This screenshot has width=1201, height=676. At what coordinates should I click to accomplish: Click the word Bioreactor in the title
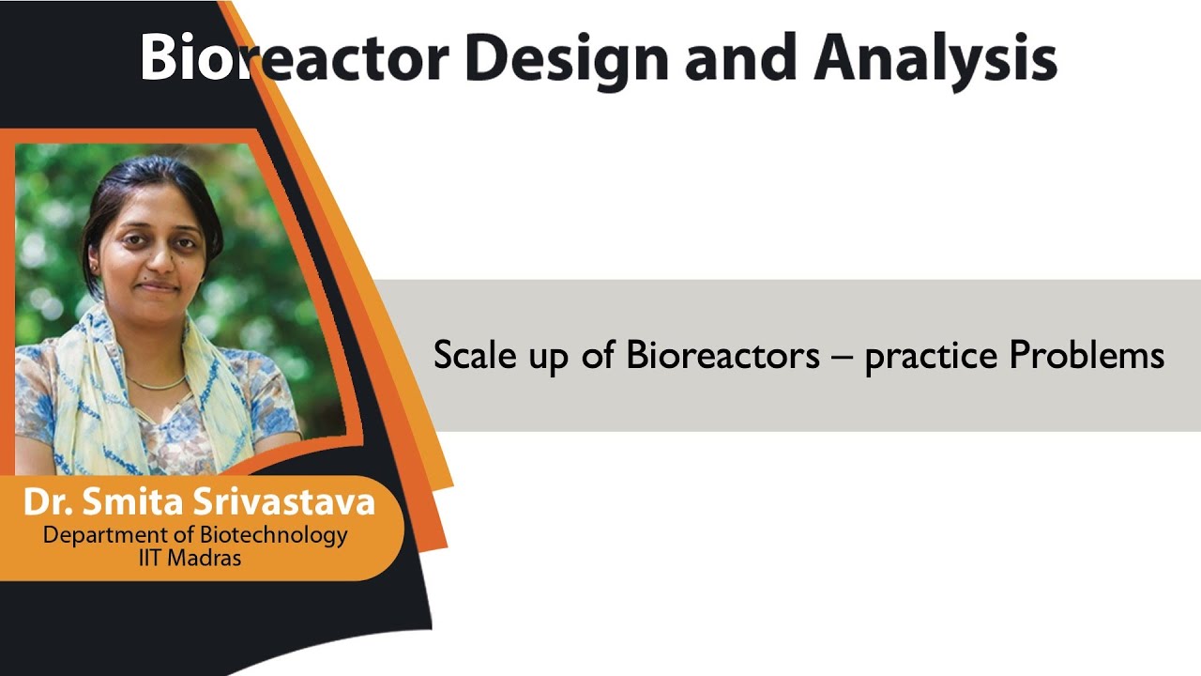[294, 58]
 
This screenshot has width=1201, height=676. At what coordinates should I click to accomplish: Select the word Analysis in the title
[935, 58]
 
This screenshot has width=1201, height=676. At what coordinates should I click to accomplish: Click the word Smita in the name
[140, 502]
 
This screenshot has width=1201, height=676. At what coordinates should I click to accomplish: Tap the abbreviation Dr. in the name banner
[48, 502]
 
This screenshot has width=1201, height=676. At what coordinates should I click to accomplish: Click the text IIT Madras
[189, 558]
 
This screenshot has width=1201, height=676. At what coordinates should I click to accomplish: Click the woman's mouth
[158, 287]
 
